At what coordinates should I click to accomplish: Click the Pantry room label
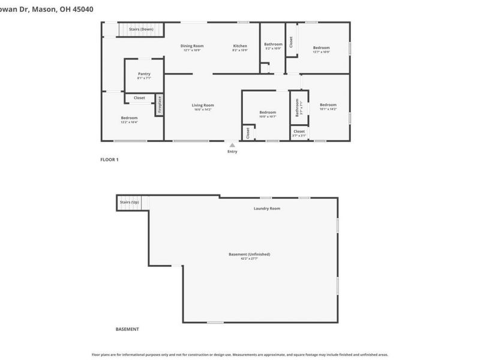144,74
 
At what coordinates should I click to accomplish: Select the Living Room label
203,105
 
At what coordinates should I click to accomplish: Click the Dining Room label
192,46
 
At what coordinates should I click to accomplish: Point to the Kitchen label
240,46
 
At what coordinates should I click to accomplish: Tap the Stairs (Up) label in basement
129,202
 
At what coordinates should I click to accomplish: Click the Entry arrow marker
232,145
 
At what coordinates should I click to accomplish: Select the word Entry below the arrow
232,151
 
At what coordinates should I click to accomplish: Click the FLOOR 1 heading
109,160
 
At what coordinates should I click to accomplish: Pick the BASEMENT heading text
127,329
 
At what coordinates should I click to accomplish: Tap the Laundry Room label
267,208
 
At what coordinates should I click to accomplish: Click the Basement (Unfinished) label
250,254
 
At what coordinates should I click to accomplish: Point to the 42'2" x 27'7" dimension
250,259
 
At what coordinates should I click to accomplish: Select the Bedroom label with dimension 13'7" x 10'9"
321,47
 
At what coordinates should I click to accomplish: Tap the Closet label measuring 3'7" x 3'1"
299,131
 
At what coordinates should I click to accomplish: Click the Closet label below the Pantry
139,97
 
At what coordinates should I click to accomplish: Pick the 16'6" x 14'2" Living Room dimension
203,110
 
